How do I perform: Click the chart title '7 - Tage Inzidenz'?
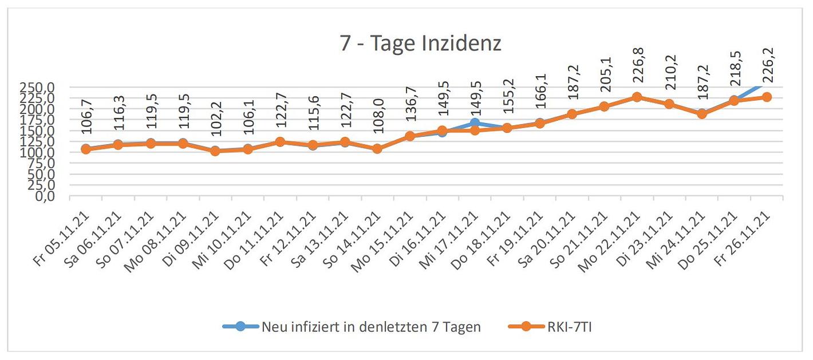pyautogui.click(x=421, y=43)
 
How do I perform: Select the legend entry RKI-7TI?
pyautogui.click(x=565, y=327)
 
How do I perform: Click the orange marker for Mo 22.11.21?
pyautogui.click(x=637, y=97)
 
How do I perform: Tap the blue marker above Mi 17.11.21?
pyautogui.click(x=475, y=122)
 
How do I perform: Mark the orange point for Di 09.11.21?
pyautogui.click(x=215, y=151)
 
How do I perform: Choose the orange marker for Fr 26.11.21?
pyautogui.click(x=767, y=97)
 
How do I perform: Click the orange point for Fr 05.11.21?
pyautogui.click(x=86, y=149)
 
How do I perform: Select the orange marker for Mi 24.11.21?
pyautogui.click(x=702, y=114)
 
